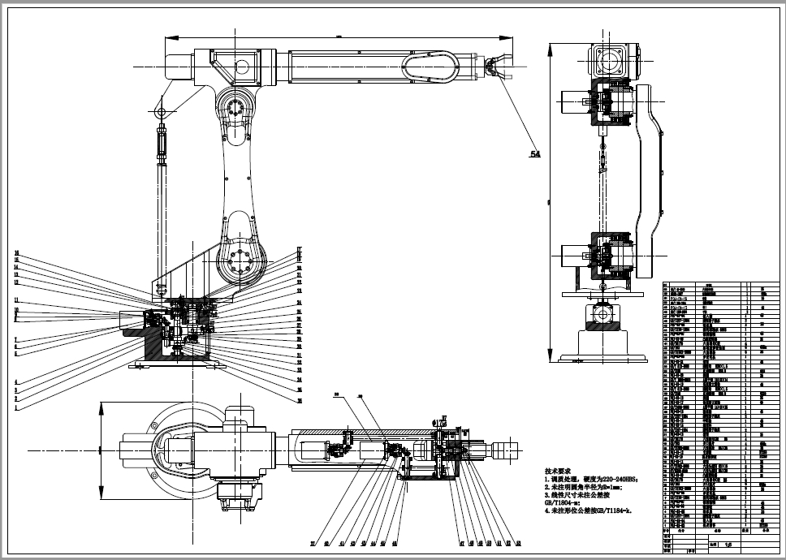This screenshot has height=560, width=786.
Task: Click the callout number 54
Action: click(x=534, y=154)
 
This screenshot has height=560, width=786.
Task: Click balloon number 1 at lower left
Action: click(x=15, y=408)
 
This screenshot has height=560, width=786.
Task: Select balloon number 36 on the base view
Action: click(x=300, y=400)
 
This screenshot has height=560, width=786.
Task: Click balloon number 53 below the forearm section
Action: click(x=518, y=543)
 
